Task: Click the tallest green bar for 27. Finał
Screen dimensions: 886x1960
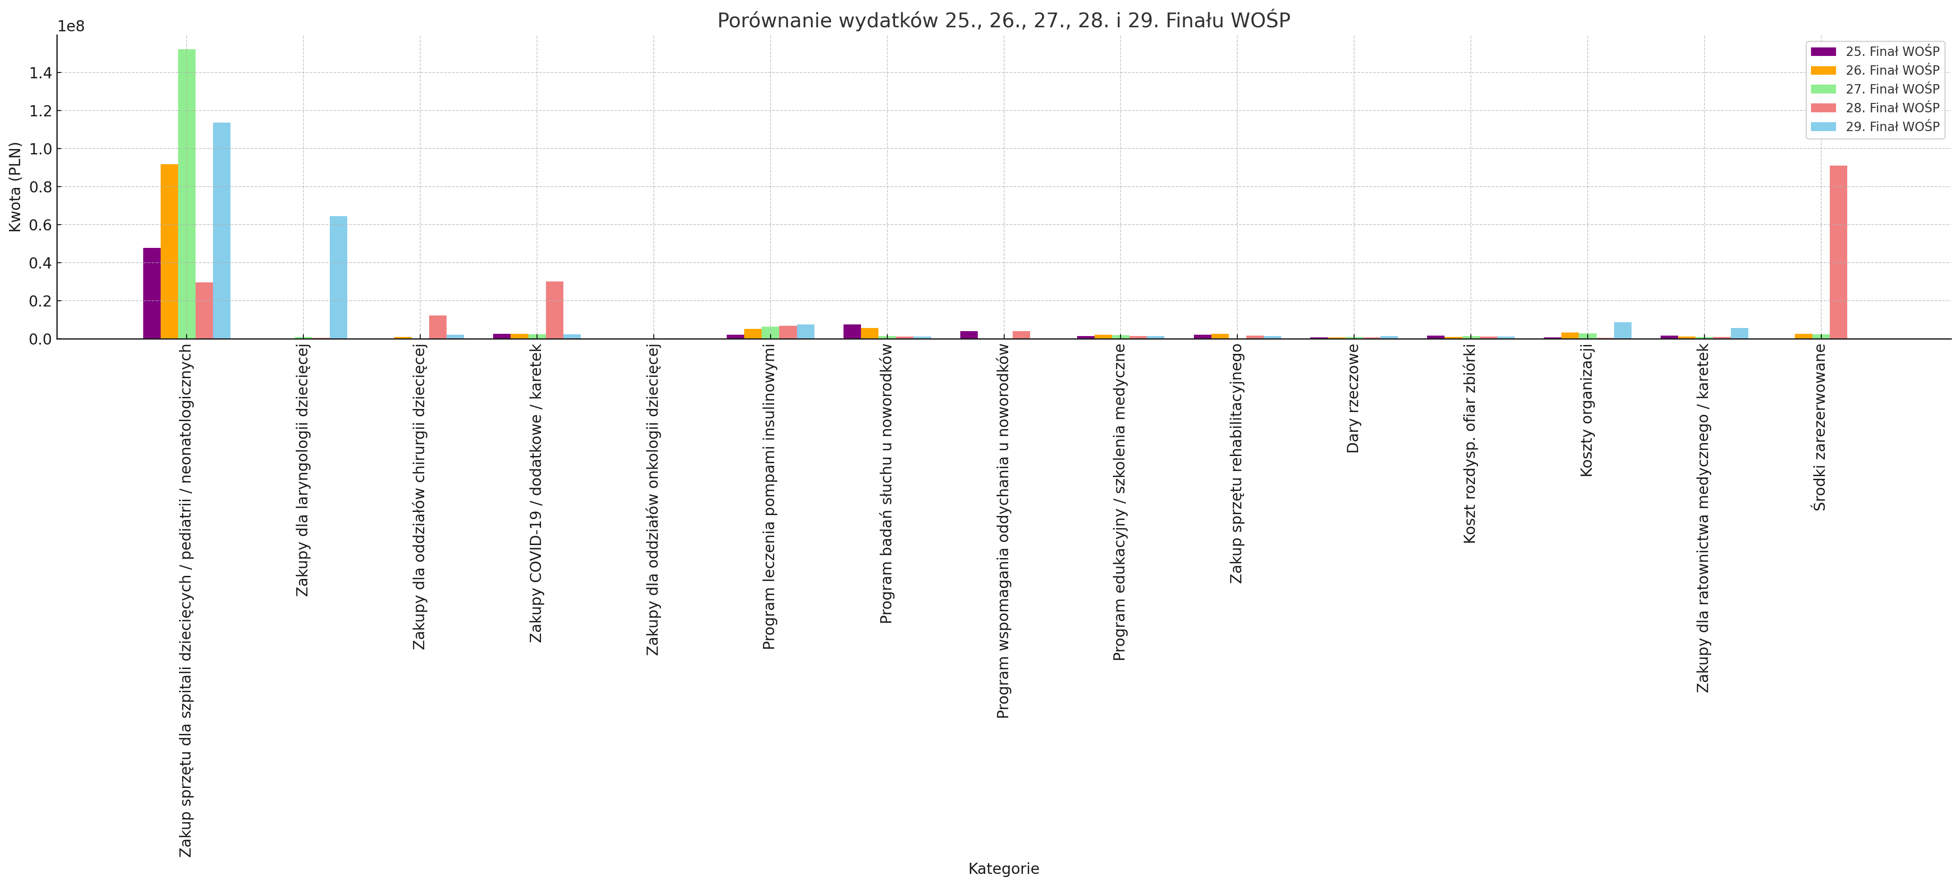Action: click(187, 194)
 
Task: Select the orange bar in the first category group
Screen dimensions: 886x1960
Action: click(169, 251)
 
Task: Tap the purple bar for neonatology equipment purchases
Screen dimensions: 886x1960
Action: click(151, 293)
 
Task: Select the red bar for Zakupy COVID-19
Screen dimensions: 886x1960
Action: click(555, 310)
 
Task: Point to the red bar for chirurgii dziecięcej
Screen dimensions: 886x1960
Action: click(438, 327)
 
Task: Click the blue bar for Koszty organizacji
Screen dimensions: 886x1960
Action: click(1622, 330)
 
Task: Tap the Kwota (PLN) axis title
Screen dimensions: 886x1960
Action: click(15, 187)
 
